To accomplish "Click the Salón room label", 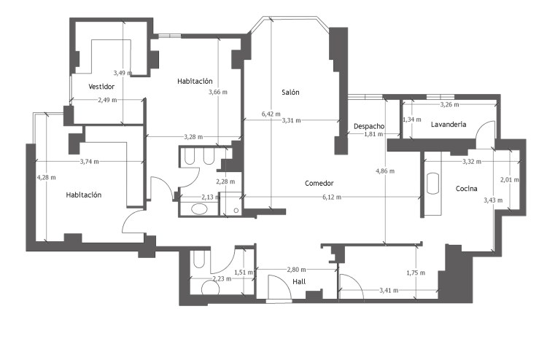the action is click(x=290, y=93).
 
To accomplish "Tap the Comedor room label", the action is click(x=319, y=184).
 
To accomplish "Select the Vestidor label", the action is click(x=101, y=87).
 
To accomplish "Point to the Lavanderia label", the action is click(x=449, y=125).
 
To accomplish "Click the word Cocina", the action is click(x=467, y=189).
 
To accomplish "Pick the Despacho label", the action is click(x=369, y=126).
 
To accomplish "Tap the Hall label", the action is click(x=299, y=281).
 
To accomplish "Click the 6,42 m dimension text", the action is click(x=271, y=114).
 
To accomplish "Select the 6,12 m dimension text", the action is click(x=332, y=197).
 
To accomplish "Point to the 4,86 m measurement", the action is click(x=385, y=171).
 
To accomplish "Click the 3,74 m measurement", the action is click(x=89, y=162).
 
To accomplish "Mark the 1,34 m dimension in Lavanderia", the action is click(x=412, y=120).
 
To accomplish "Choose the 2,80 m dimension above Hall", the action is click(x=297, y=270).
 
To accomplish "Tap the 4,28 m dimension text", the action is click(x=47, y=177).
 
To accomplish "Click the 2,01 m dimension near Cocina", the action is click(x=510, y=180).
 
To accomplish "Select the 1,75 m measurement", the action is click(x=416, y=273).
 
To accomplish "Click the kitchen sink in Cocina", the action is click(x=433, y=184).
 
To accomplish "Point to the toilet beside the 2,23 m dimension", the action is click(x=211, y=287).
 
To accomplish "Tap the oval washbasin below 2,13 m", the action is click(x=200, y=209).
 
